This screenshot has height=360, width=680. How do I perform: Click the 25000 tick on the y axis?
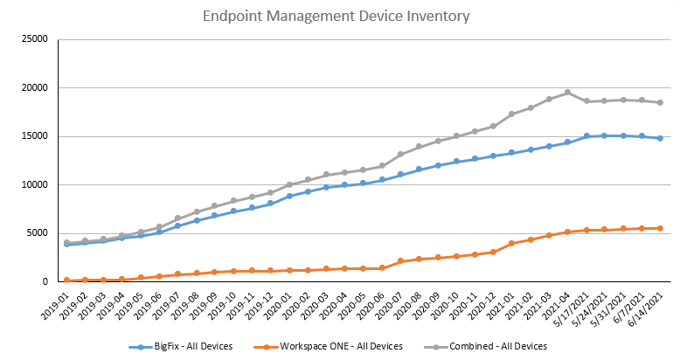(33, 39)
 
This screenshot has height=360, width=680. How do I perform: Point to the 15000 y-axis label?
(33, 136)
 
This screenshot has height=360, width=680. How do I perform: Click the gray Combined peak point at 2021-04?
(567, 93)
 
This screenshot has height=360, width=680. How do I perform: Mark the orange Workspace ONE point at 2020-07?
(400, 261)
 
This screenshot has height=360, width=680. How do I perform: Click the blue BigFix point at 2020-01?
(289, 196)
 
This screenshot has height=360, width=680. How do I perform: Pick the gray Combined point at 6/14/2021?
(660, 102)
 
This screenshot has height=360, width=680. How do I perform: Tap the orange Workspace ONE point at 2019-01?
(67, 280)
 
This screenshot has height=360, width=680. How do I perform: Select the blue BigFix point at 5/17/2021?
(586, 136)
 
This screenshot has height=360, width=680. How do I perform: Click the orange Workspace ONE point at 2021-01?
(511, 243)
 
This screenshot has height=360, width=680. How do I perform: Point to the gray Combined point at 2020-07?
(400, 155)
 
